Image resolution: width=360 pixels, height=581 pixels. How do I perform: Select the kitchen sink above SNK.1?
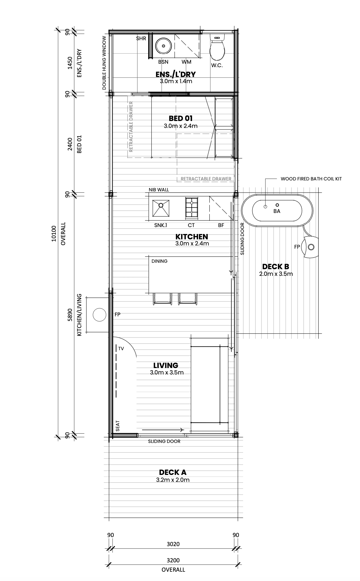point(161,208)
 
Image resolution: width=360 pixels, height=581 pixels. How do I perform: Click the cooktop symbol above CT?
point(192,208)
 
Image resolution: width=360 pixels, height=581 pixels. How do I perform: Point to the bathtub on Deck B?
point(277,211)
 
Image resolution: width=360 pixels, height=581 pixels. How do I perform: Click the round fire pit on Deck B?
point(311,247)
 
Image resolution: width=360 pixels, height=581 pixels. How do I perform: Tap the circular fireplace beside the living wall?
point(99,315)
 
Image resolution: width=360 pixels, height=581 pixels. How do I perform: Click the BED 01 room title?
point(181,118)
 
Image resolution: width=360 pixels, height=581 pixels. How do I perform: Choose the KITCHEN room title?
point(192,237)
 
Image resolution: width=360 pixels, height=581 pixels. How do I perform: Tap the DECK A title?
point(173,473)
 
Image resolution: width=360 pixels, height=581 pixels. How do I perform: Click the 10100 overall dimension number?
point(54,233)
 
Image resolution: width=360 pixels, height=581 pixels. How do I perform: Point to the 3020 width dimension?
point(173,544)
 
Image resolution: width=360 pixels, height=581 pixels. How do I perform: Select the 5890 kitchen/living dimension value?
point(70,315)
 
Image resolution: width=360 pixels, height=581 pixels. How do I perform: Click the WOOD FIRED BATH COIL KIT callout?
point(311,179)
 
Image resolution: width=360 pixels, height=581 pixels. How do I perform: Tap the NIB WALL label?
point(159,190)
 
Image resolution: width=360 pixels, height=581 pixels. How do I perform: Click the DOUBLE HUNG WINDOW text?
point(104,63)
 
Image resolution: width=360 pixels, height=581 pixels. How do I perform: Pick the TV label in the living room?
point(121,349)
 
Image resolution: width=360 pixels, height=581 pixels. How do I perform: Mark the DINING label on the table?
point(159,261)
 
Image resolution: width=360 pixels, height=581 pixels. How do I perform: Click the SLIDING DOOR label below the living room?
point(164,441)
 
